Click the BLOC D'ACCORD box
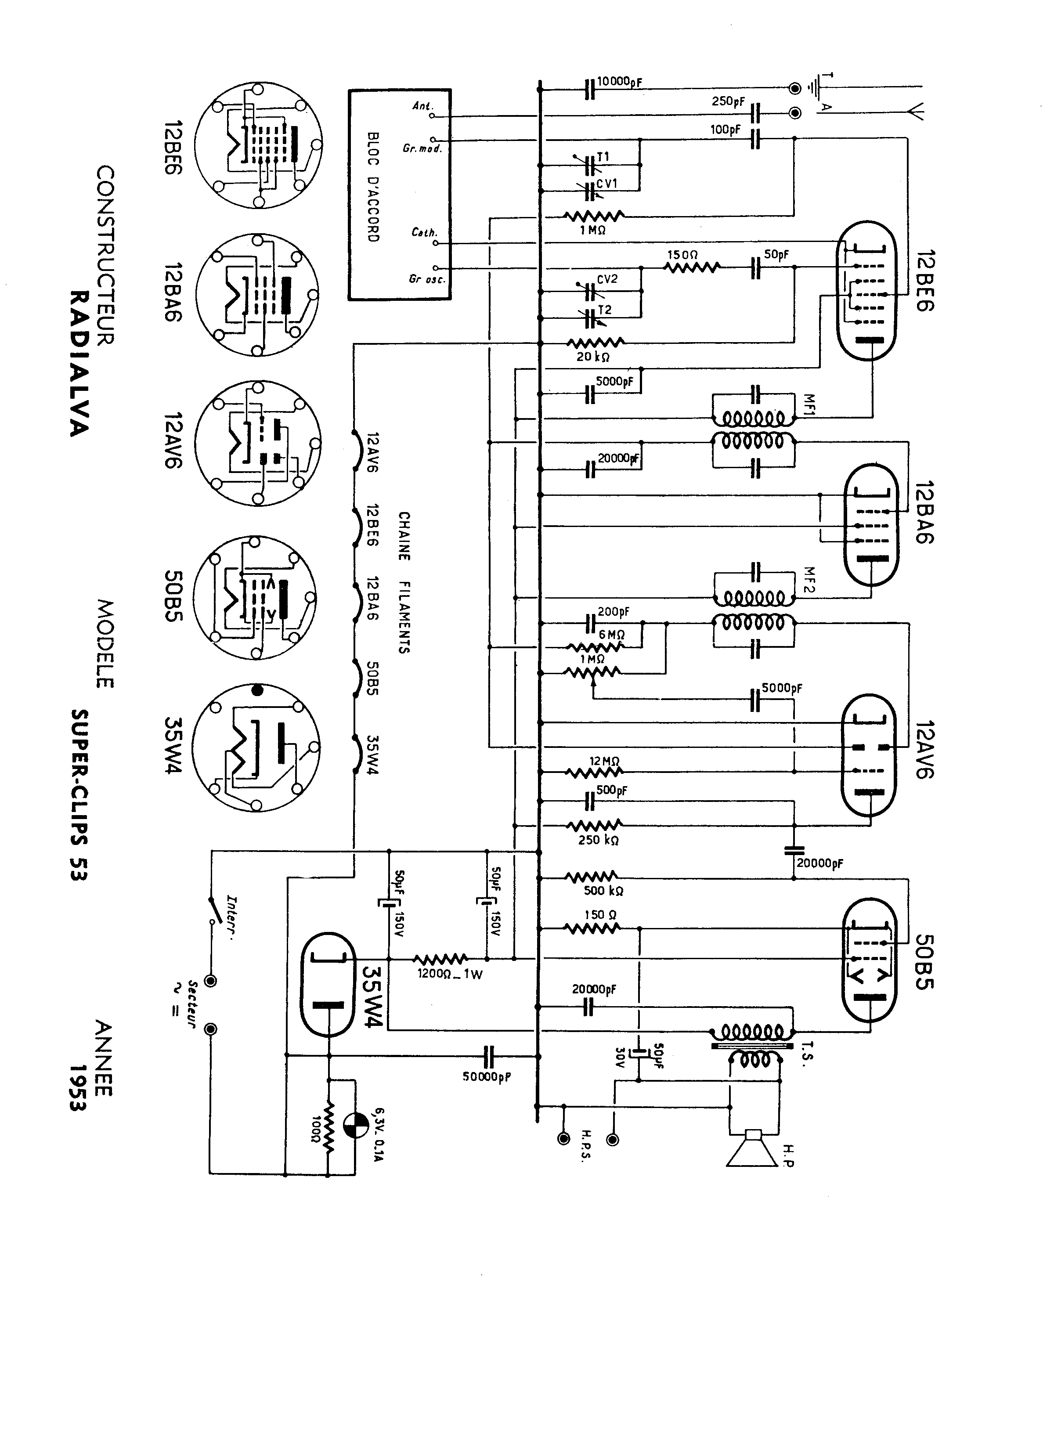click(x=399, y=194)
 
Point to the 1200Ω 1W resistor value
click(x=451, y=975)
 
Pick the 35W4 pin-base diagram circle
click(x=256, y=747)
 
